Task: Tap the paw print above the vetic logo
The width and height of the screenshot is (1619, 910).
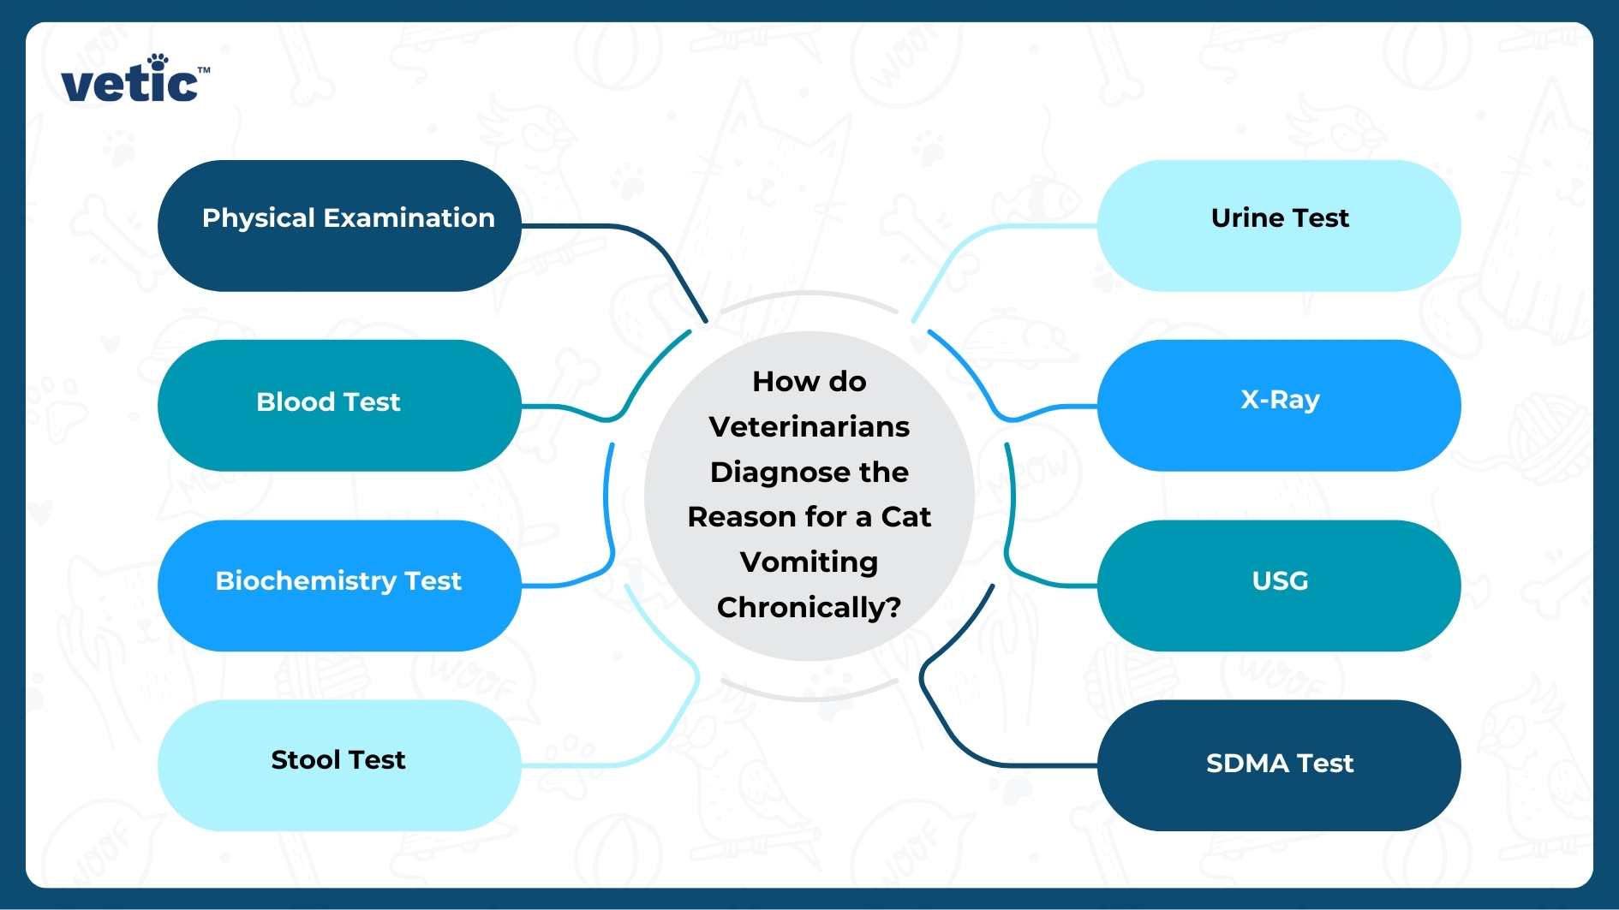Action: pos(158,62)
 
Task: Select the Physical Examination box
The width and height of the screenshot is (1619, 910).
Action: pos(339,226)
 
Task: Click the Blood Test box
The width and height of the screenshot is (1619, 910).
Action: pos(339,405)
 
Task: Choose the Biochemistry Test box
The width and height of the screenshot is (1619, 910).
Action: pos(339,586)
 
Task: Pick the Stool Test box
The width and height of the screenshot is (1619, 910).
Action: pos(339,764)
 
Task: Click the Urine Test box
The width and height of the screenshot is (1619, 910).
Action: pos(1279,226)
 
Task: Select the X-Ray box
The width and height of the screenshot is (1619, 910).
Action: pos(1279,405)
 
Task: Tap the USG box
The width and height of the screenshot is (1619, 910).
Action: pos(1279,586)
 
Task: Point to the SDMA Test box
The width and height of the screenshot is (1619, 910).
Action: pos(1279,764)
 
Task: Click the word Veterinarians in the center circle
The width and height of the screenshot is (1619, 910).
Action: pos(809,426)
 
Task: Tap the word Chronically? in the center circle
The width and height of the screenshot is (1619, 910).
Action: pos(809,607)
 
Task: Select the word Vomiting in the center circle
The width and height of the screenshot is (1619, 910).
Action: pos(809,562)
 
